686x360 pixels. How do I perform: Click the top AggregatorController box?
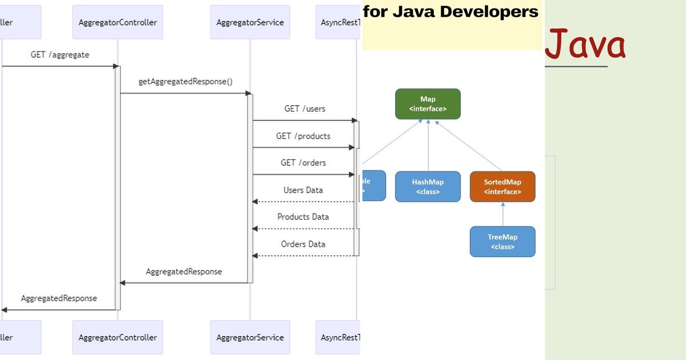(118, 22)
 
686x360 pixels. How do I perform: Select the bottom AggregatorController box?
(118, 337)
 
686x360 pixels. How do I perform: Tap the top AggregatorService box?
(250, 22)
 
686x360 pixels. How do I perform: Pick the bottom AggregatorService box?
(250, 337)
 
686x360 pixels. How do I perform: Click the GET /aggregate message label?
(60, 55)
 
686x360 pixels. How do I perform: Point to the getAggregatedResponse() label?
(185, 82)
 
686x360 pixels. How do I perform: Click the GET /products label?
(303, 136)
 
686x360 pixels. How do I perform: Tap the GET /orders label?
(303, 163)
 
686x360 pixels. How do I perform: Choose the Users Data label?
(303, 190)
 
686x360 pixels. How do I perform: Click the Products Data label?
(303, 217)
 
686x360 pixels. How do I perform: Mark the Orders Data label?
(303, 244)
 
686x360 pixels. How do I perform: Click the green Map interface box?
(428, 104)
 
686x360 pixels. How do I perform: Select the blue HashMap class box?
(428, 186)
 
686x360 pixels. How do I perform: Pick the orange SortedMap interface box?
(502, 186)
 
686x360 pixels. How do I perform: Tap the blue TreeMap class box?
(502, 242)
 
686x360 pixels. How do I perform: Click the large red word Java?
(585, 45)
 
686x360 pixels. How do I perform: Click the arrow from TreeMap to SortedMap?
(502, 214)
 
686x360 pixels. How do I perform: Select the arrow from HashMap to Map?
(428, 146)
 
